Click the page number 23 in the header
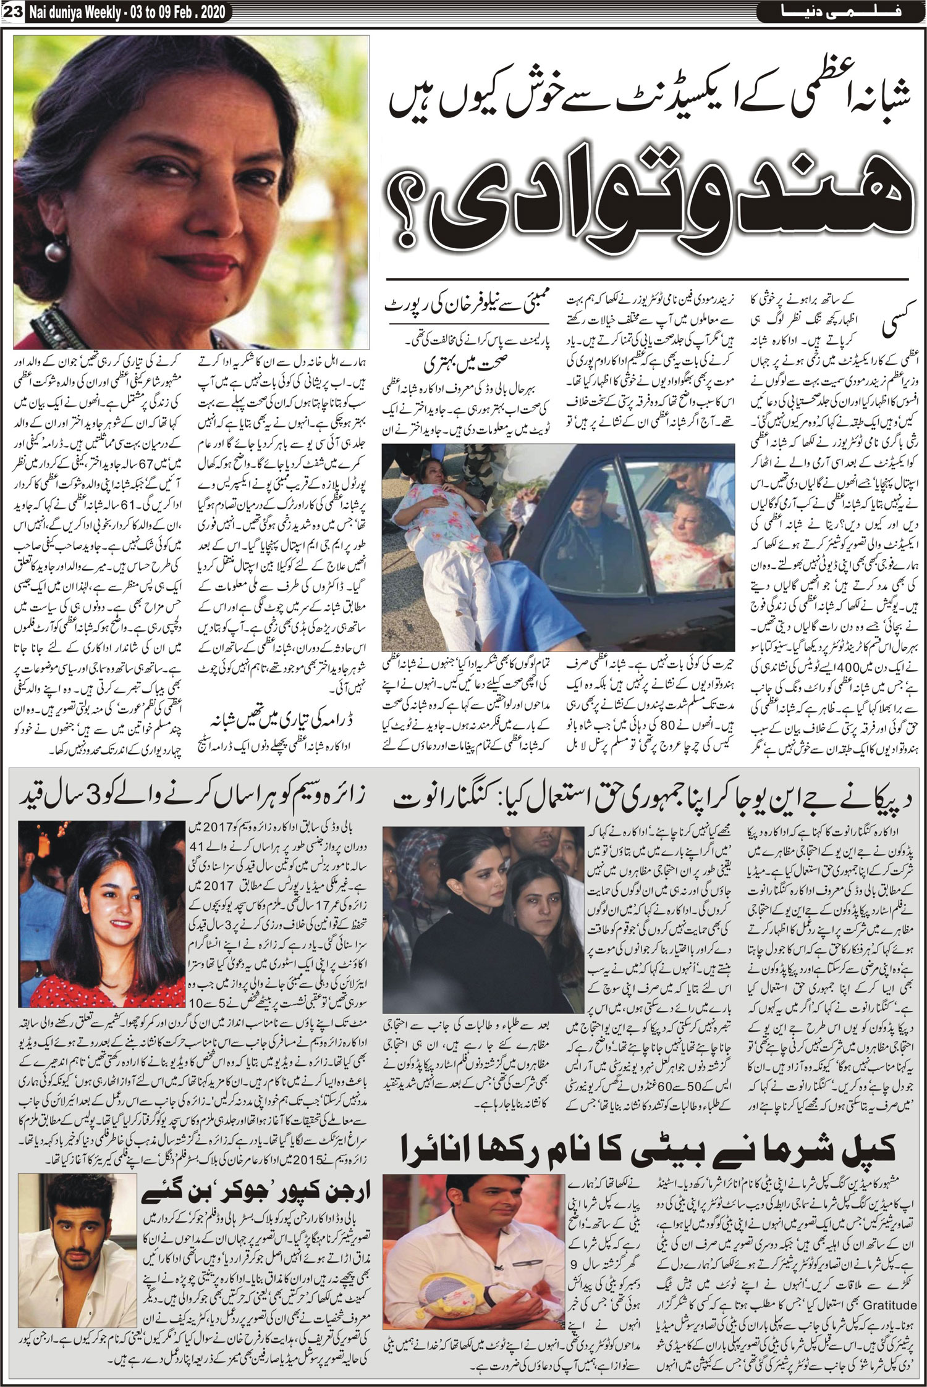tap(13, 10)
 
